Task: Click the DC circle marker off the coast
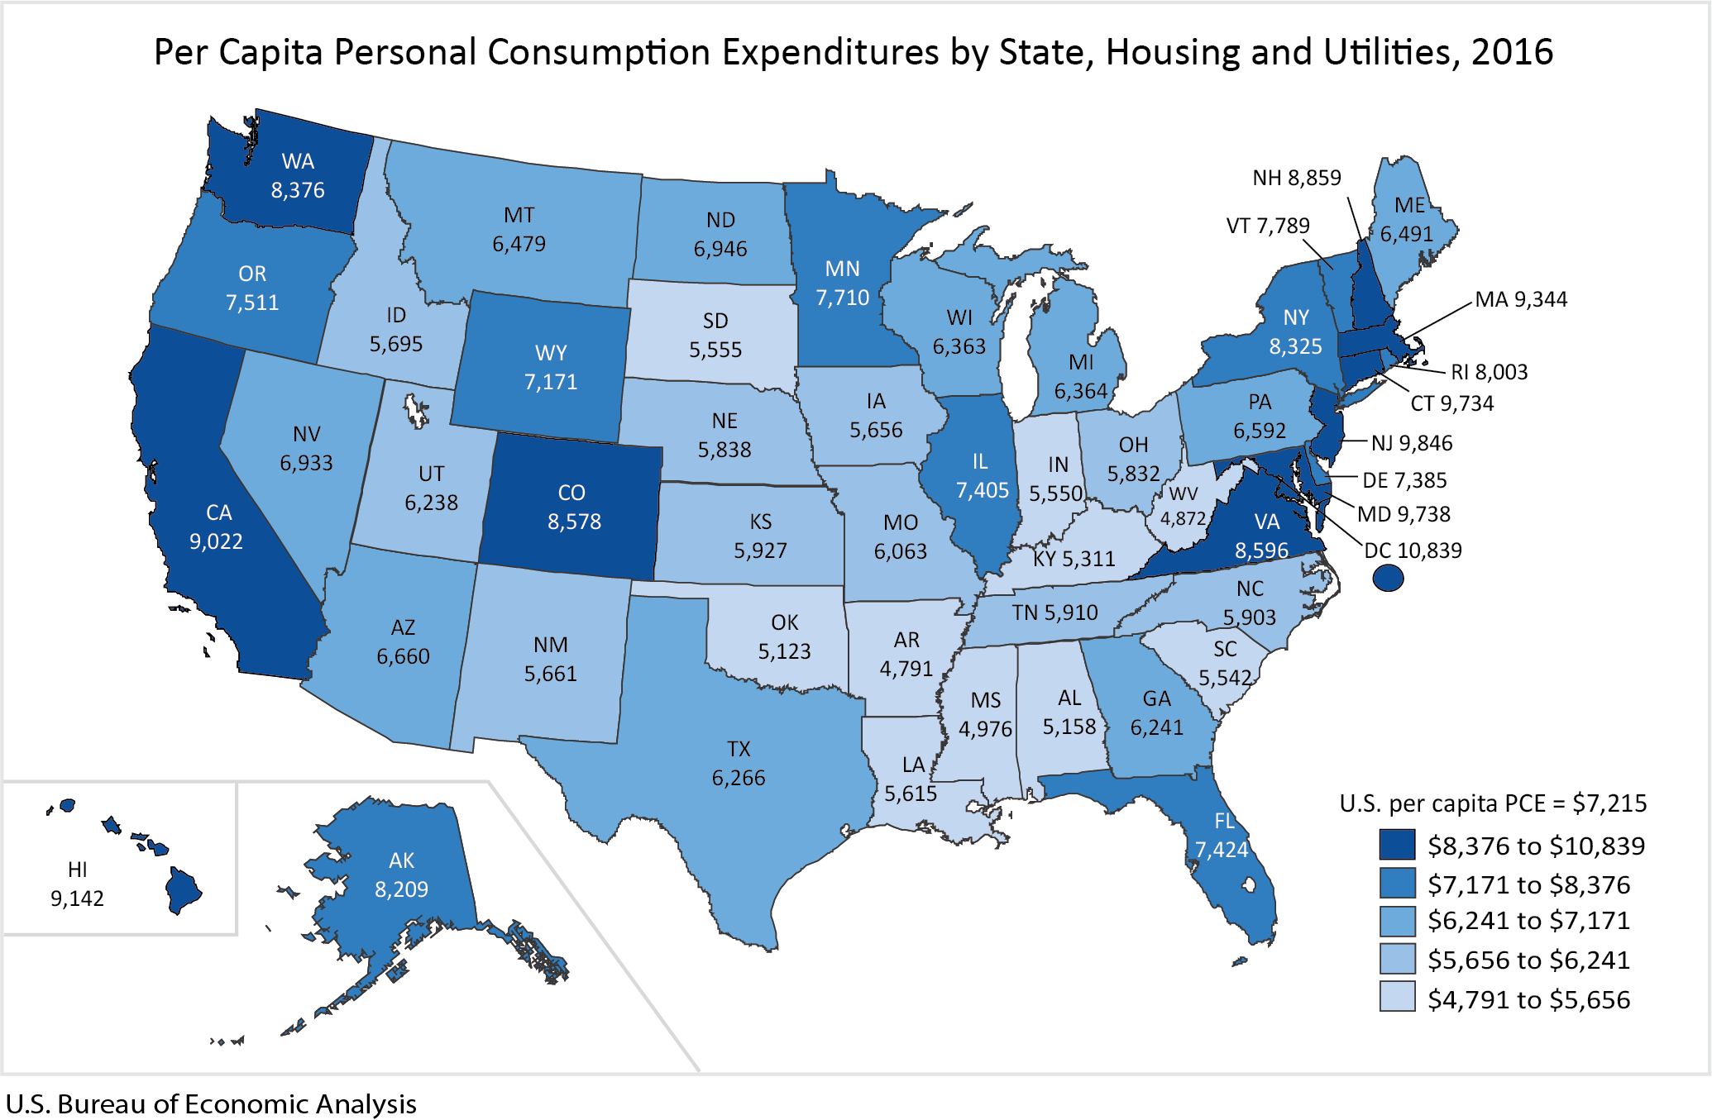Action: point(1388,578)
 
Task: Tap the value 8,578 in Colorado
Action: point(574,522)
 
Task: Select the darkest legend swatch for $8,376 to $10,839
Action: point(1397,845)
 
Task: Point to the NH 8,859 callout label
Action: point(1296,178)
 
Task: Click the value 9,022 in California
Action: point(216,541)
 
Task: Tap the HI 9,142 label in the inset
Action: point(77,884)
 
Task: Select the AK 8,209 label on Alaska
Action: point(401,875)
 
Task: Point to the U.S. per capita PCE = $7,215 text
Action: point(1493,803)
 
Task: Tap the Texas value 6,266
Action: point(739,778)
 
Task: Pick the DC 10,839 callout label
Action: point(1413,550)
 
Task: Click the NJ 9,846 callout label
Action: point(1412,443)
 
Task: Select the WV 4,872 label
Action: point(1184,506)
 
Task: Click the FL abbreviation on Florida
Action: point(1224,821)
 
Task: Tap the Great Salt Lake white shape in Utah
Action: point(415,410)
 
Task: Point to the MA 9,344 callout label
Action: point(1521,299)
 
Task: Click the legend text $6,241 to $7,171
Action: point(1528,920)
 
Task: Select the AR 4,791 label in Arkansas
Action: point(906,654)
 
